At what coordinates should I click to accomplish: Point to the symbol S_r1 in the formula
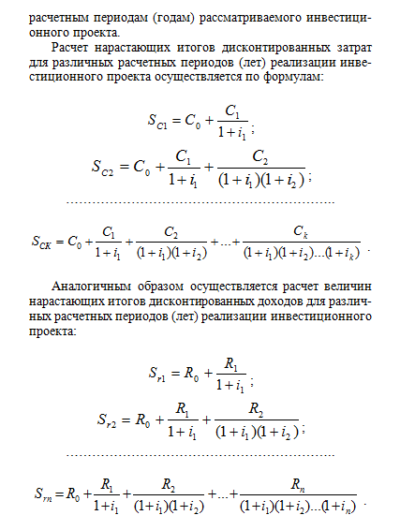[161, 374]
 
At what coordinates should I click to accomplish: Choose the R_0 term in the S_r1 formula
[195, 373]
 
